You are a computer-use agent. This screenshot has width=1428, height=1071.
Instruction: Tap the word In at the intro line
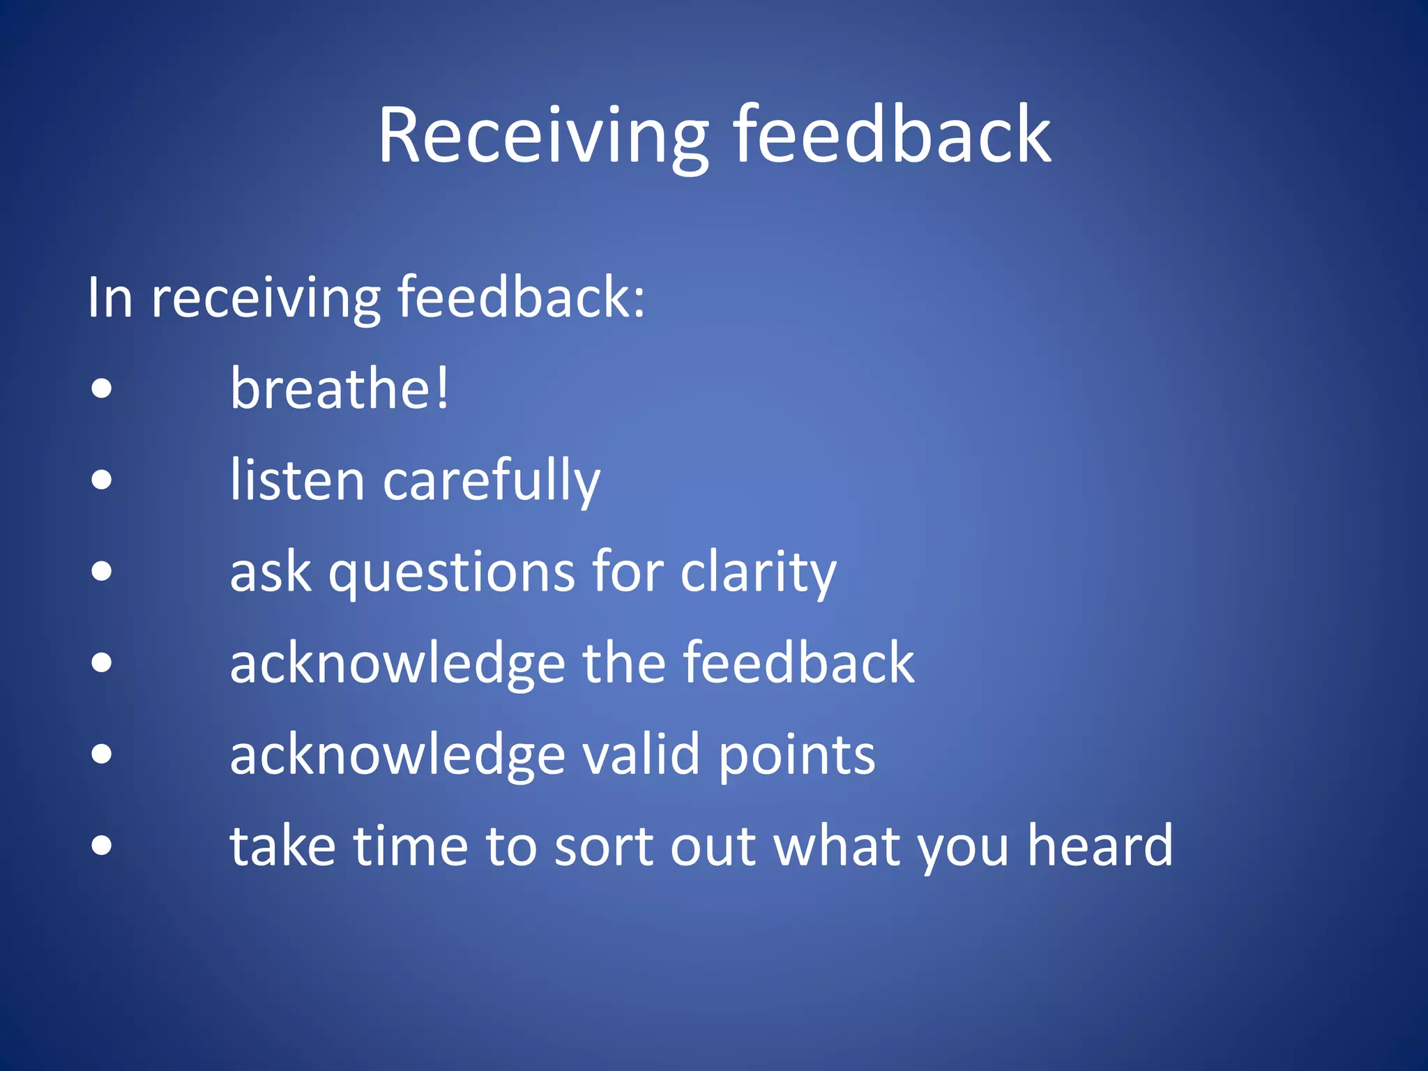[110, 298]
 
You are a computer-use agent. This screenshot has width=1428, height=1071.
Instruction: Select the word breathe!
[340, 388]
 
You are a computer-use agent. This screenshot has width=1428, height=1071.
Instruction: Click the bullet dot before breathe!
[102, 388]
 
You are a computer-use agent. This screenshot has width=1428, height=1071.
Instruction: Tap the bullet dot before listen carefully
[102, 480]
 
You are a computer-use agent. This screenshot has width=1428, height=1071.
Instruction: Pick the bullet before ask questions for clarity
[102, 571]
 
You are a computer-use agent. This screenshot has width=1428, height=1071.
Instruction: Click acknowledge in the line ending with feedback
[397, 664]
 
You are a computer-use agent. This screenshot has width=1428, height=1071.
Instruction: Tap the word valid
[641, 754]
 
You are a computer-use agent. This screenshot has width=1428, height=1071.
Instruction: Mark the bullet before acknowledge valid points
[102, 754]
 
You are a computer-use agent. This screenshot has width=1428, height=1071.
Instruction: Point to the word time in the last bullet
[410, 846]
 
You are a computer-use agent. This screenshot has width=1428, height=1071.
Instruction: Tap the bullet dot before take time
[102, 845]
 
